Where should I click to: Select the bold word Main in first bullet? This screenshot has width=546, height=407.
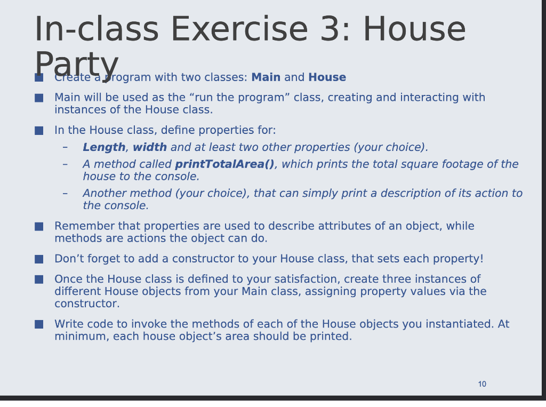266,77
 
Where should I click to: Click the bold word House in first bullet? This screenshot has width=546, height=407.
327,77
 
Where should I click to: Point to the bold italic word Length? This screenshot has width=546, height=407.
104,147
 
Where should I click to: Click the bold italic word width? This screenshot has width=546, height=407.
150,147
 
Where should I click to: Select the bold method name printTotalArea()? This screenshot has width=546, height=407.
224,164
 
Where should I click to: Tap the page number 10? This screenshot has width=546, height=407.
482,384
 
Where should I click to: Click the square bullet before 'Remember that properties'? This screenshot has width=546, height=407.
39,227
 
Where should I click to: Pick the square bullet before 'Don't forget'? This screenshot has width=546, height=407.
39,259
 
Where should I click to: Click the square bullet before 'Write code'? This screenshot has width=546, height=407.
39,324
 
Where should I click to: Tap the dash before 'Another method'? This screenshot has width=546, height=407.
65,193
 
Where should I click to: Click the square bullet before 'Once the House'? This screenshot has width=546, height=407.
39,280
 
